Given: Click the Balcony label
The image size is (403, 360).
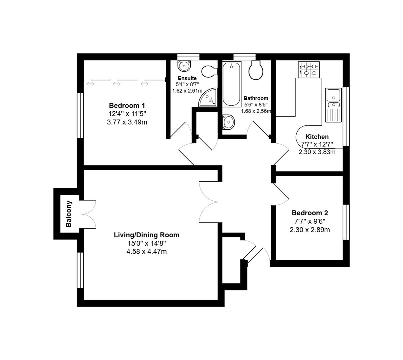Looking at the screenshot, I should [69, 214].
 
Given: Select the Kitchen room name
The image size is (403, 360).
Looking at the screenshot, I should [317, 137].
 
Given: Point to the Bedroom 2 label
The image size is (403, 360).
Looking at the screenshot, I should [310, 213].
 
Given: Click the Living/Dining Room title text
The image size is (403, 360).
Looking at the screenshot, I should [146, 235].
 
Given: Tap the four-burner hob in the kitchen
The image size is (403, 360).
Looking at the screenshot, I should [309, 70].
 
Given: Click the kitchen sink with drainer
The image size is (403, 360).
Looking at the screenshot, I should [333, 105].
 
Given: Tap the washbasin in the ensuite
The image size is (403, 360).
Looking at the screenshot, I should [184, 66].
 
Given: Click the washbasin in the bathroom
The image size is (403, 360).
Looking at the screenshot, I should [229, 122].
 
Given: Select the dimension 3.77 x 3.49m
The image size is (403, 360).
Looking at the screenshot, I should [127, 122].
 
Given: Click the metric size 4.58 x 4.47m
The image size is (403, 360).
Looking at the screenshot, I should [146, 252].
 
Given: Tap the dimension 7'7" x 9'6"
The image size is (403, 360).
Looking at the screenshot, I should [310, 221].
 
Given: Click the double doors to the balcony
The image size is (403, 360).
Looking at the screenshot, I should [88, 214].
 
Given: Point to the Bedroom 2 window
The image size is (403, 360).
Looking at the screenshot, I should [346, 222].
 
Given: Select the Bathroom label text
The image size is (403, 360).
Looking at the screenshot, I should [256, 98].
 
